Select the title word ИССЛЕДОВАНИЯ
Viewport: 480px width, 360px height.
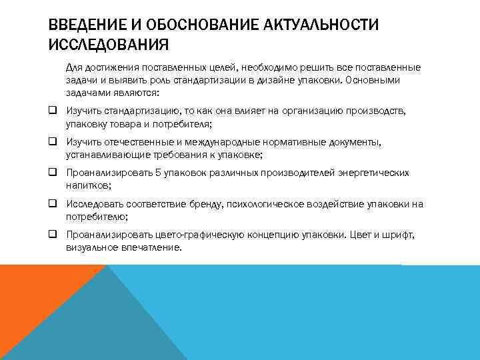tap(109, 45)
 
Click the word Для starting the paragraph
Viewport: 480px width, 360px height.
tap(74, 67)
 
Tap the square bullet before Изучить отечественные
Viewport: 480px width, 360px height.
tap(52, 142)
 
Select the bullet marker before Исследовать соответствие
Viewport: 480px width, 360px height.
tap(52, 203)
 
